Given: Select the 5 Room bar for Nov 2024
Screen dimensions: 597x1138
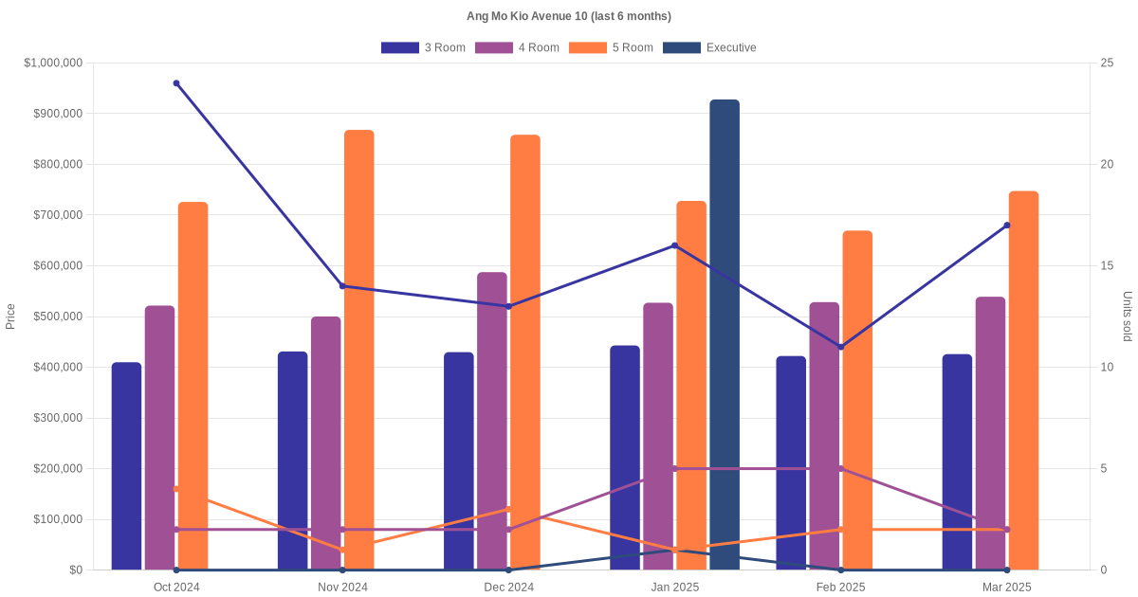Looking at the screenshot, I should click(x=358, y=350).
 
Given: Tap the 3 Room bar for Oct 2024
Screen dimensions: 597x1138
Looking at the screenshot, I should click(x=126, y=466).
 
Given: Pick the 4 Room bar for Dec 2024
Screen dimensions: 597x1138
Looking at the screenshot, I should click(x=491, y=421).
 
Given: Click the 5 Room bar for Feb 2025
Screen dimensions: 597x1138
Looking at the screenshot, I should click(x=857, y=400).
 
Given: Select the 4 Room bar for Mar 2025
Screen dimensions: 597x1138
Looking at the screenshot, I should click(x=990, y=433).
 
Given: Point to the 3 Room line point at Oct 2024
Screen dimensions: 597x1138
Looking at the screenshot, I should click(x=176, y=83).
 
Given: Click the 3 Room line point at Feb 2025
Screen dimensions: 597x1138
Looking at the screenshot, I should click(x=841, y=347).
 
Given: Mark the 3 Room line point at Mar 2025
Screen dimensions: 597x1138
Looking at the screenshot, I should click(x=1007, y=226).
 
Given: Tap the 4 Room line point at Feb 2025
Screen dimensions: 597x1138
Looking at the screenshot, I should click(x=841, y=469).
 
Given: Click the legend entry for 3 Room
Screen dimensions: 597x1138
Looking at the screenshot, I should click(x=423, y=47).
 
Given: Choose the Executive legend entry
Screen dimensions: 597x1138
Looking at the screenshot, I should click(x=709, y=47).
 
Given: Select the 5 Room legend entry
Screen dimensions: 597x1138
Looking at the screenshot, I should click(x=611, y=47).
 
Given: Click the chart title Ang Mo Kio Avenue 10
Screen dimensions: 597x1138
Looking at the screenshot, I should click(x=569, y=16).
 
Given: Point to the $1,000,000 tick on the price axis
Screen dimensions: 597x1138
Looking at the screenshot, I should click(x=54, y=63).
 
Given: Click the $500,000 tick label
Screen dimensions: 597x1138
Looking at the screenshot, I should click(x=57, y=317).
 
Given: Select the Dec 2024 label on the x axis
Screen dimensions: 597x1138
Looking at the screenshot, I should click(x=508, y=588).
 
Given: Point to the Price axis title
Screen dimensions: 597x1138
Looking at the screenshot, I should click(x=10, y=317).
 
